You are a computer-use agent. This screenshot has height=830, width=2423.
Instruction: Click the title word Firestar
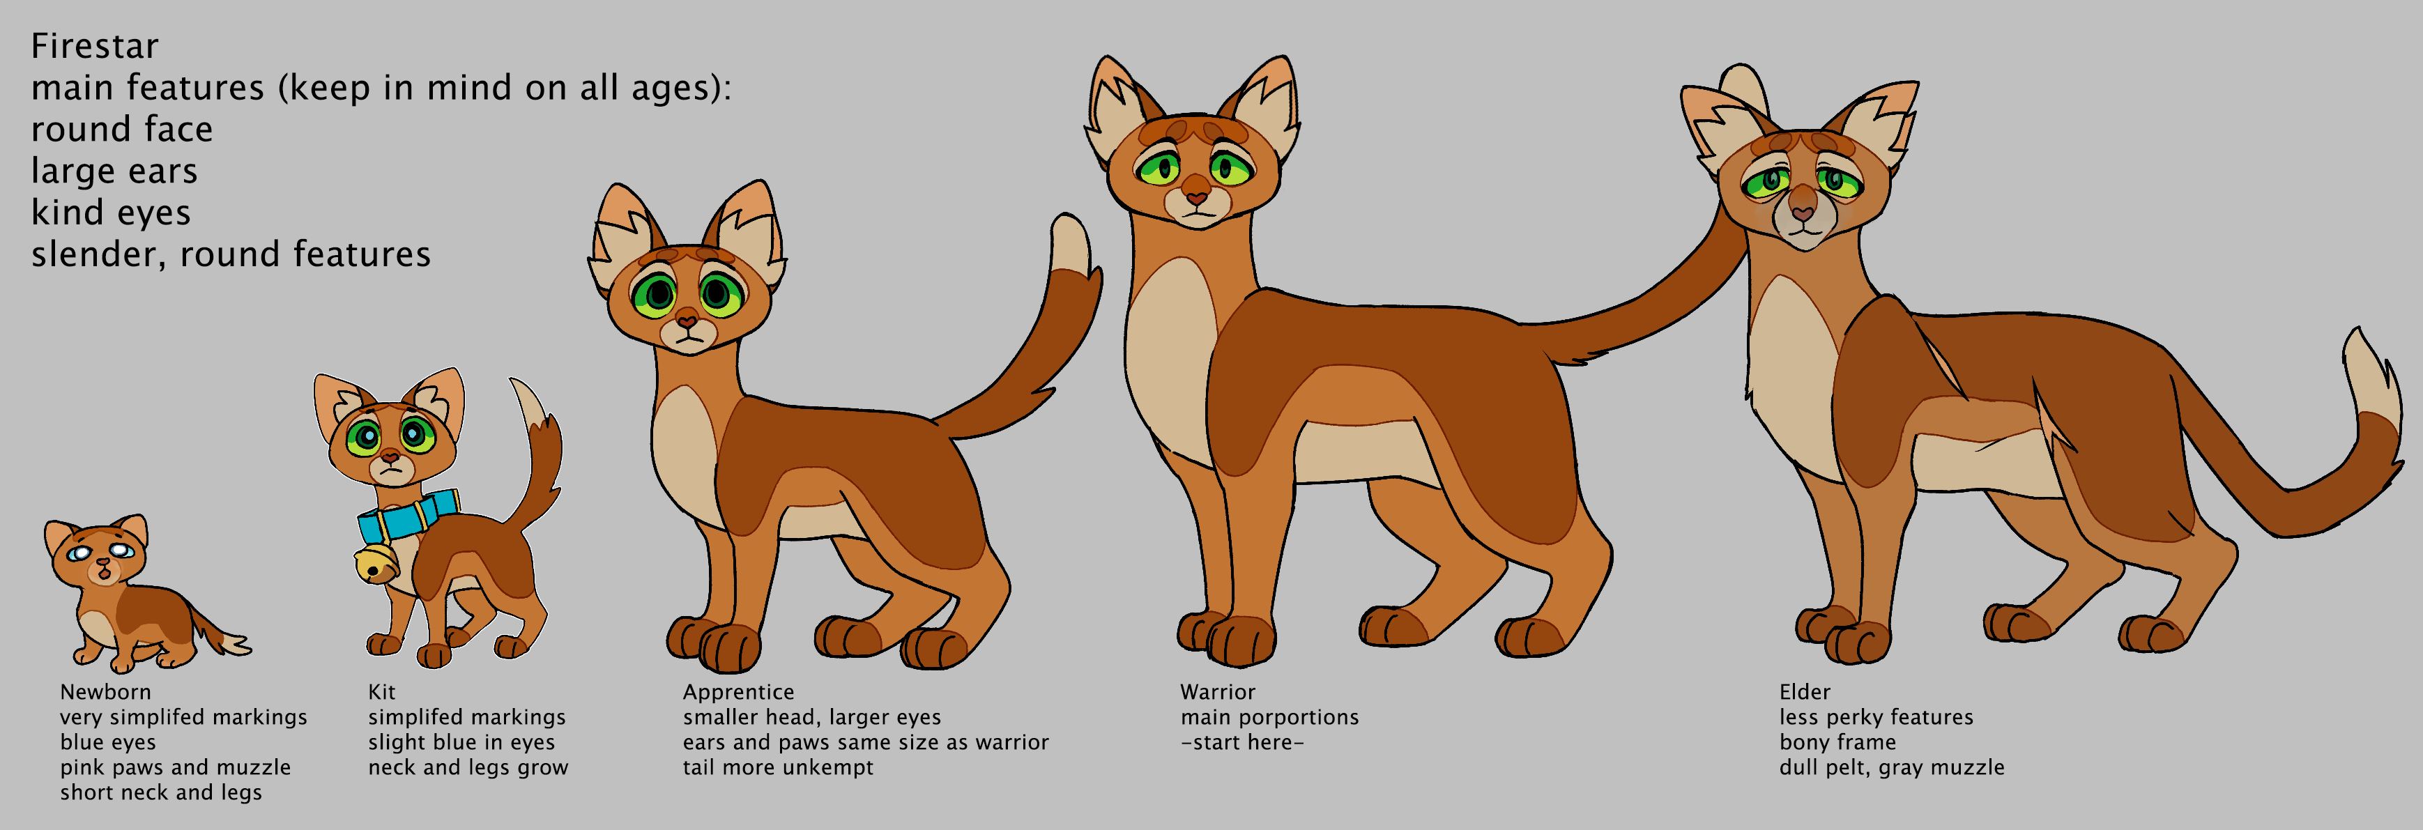94,46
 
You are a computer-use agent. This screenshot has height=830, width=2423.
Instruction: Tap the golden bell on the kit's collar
375,563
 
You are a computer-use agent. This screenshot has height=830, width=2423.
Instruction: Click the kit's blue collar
408,516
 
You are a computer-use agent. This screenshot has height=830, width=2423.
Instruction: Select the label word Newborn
105,692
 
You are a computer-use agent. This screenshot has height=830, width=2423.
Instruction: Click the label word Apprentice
738,693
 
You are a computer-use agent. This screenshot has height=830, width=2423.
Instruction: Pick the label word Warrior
1218,692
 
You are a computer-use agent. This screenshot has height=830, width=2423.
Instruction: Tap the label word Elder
1805,692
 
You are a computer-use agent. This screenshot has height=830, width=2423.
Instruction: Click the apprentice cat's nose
687,321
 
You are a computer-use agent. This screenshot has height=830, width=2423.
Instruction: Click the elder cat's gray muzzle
1804,218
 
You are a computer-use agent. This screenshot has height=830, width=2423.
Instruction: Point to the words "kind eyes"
111,213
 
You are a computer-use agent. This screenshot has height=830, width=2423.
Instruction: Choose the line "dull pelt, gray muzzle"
1892,768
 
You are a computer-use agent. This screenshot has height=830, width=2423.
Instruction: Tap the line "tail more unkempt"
778,768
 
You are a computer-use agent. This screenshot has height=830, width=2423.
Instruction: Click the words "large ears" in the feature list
114,171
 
